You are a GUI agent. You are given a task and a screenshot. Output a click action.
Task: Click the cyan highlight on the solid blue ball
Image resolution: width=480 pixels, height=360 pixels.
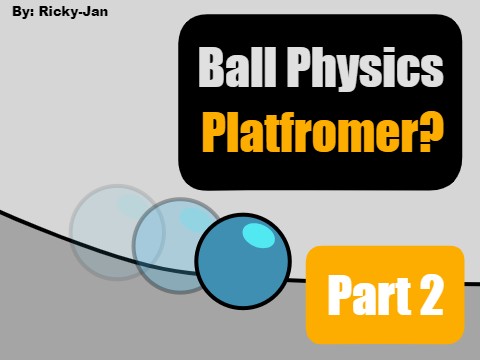click(x=258, y=236)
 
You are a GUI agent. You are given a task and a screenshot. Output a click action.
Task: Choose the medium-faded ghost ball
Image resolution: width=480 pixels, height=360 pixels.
click(x=175, y=245)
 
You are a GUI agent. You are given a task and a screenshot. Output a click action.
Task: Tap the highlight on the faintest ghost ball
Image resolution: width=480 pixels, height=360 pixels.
click(x=131, y=205)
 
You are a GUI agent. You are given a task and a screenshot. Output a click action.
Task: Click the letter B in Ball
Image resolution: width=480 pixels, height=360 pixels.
click(x=211, y=70)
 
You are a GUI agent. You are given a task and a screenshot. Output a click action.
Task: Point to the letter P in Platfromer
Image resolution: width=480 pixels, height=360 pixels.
click(x=214, y=130)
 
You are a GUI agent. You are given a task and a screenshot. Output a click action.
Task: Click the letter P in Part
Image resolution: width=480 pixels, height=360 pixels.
click(x=341, y=295)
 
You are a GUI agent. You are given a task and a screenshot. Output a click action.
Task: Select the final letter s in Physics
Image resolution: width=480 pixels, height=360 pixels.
click(x=432, y=72)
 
